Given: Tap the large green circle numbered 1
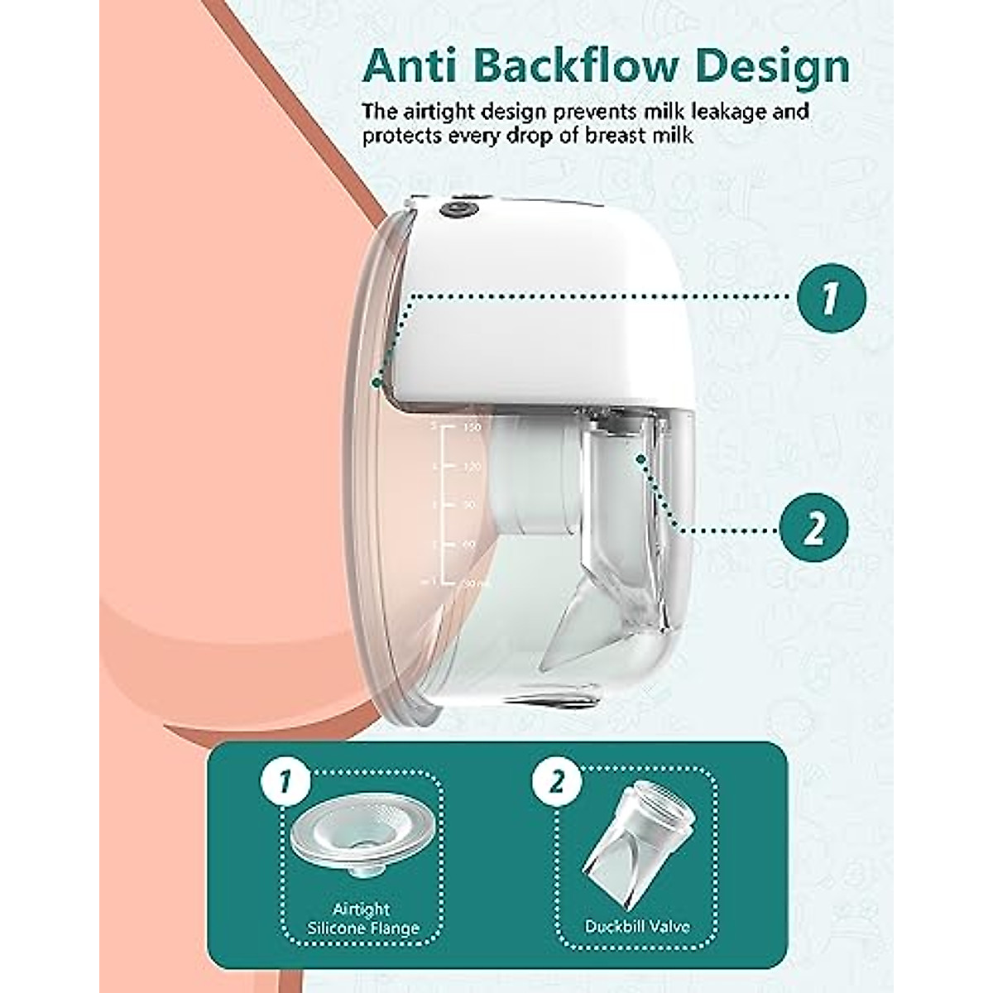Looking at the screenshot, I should pyautogui.click(x=831, y=297).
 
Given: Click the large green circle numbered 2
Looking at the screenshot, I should pyautogui.click(x=815, y=527).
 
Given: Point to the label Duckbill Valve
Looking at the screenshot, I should pyautogui.click(x=636, y=925).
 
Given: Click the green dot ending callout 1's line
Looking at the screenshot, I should pyautogui.click(x=377, y=382).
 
